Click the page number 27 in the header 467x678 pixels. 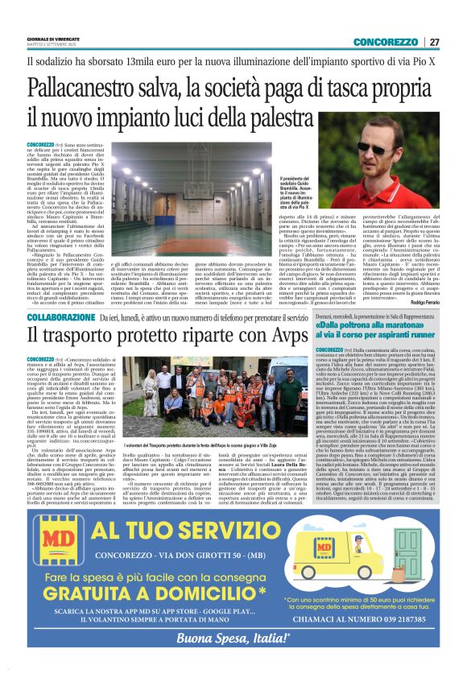tap(434, 42)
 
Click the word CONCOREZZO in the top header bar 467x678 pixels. tap(385, 42)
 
